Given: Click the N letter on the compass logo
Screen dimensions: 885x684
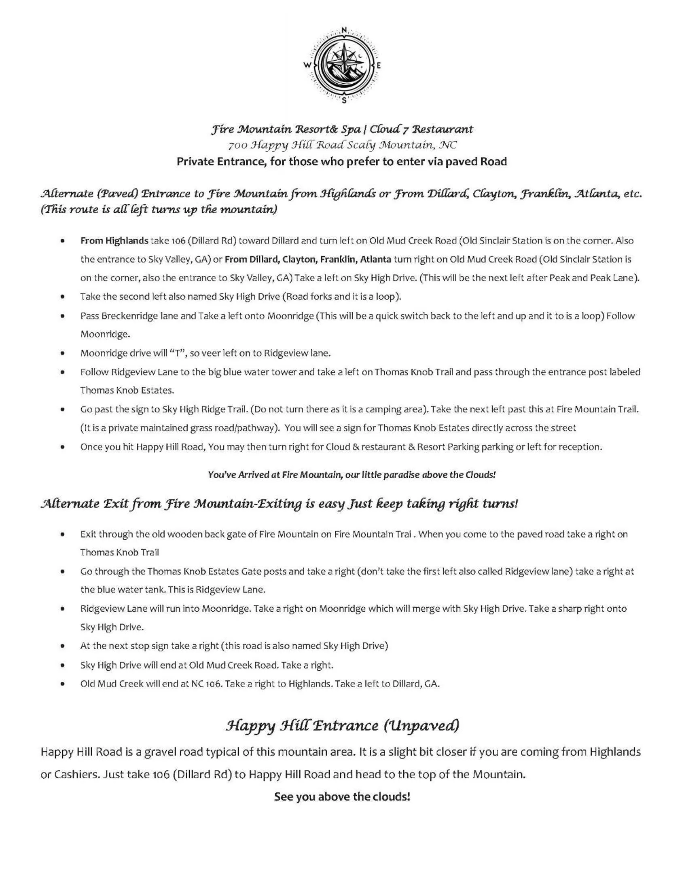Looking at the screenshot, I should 344,30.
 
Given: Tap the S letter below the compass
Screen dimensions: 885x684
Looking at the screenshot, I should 344,101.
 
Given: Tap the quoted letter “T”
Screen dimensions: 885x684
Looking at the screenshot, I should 178,353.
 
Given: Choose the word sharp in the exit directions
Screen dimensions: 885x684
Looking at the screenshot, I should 570,608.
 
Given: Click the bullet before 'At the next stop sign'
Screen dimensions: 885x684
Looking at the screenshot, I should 62,646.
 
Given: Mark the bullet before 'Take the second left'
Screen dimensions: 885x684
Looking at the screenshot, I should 62,297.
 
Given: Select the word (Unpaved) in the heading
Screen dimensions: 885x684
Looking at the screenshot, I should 421,725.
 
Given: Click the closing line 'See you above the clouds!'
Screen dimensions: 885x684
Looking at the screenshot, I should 342,797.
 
